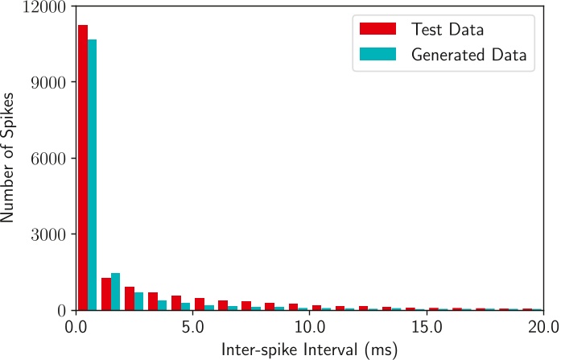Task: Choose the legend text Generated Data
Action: (x=468, y=56)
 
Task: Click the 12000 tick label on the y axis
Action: (x=47, y=6)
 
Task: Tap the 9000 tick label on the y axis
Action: (x=52, y=82)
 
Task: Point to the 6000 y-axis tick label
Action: (x=52, y=159)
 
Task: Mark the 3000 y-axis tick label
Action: (x=52, y=234)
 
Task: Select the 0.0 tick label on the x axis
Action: (x=77, y=327)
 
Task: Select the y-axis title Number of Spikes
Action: (x=11, y=158)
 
